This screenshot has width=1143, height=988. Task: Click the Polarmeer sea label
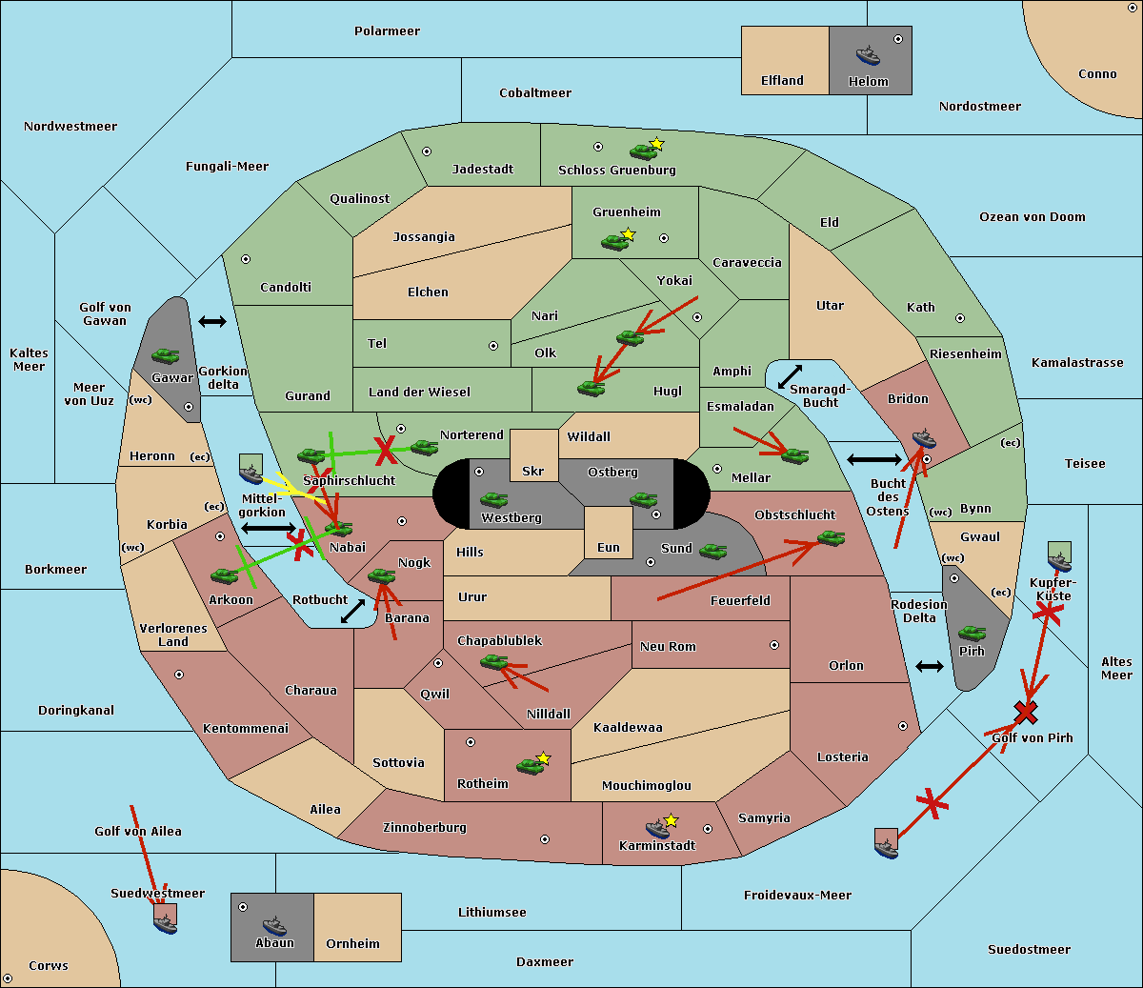click(x=387, y=31)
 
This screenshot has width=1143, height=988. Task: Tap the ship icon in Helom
click(x=868, y=54)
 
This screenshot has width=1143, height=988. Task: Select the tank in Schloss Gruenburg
click(x=643, y=151)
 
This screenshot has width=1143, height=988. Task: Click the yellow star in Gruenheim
click(x=628, y=233)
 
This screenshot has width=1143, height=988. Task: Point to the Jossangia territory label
click(x=424, y=237)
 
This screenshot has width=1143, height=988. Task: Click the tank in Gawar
click(x=166, y=356)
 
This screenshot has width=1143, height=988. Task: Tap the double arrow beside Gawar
click(x=212, y=322)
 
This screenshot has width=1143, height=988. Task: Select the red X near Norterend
click(x=386, y=450)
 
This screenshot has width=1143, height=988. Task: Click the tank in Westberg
click(x=493, y=500)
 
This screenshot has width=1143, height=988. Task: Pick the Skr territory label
click(x=533, y=471)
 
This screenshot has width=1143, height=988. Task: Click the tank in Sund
click(x=712, y=551)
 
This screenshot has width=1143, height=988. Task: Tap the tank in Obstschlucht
click(x=831, y=538)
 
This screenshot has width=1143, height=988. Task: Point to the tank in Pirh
click(x=972, y=634)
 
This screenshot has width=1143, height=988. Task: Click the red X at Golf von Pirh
click(x=1026, y=712)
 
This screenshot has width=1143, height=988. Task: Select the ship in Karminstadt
click(x=657, y=829)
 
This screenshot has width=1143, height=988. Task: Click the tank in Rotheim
click(x=530, y=765)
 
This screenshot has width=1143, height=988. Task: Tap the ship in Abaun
click(x=274, y=925)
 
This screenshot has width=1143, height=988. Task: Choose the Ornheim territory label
click(x=352, y=944)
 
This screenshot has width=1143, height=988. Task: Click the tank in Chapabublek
click(x=493, y=662)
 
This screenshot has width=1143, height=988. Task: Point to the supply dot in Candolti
click(x=246, y=259)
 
